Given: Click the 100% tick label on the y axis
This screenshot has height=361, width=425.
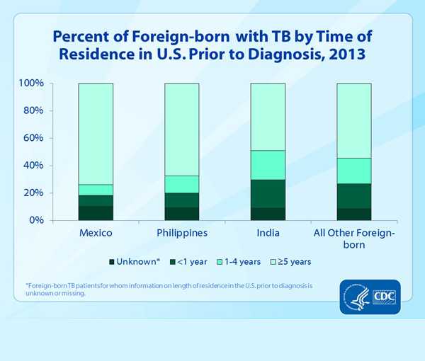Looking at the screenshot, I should (31, 84).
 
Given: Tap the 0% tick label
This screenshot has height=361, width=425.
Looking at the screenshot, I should (37, 220).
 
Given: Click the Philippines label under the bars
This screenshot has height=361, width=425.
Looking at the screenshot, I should (181, 233).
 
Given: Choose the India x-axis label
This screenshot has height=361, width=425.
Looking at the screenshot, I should (268, 233).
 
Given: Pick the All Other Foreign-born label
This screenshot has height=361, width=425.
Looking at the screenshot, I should (354, 239).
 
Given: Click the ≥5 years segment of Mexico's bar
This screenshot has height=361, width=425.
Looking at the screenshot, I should (95, 134).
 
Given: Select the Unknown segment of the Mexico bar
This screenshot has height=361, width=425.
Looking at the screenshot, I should (95, 213).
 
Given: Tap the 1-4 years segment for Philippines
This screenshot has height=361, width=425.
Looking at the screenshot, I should (181, 184).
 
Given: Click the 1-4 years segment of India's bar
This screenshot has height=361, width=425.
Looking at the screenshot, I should (268, 165).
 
